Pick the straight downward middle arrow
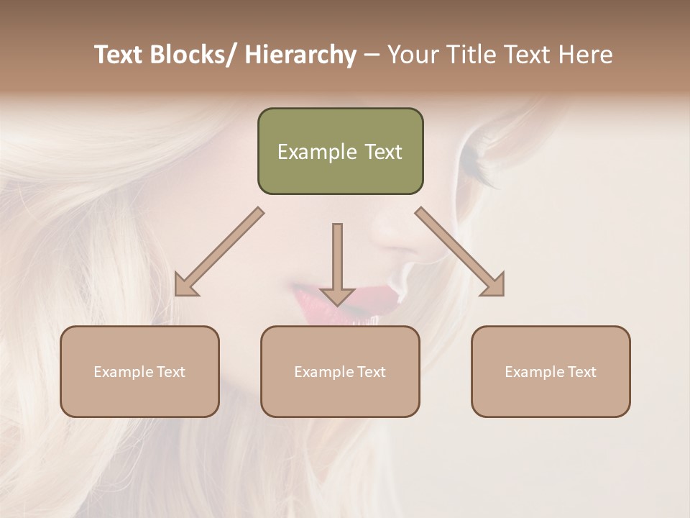tap(337, 263)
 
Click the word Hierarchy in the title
tap(300, 55)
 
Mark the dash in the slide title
tap(372, 55)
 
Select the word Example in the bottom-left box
tap(120, 372)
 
